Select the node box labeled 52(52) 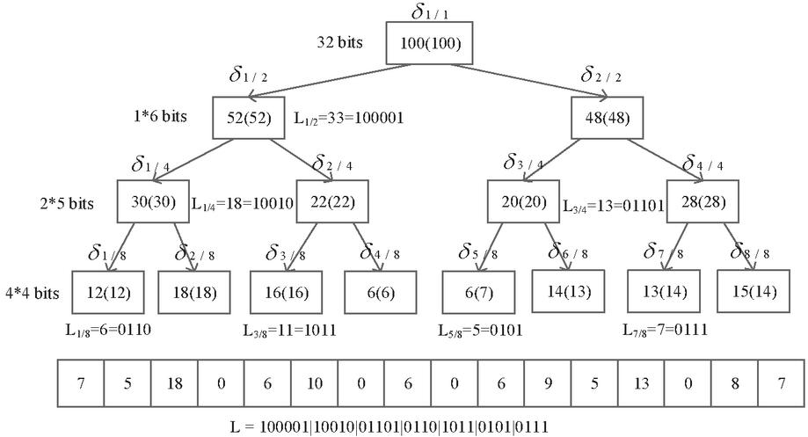pos(249,118)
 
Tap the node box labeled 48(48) pos(608,118)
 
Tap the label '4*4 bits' pos(33,292)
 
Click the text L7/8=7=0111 pos(664,331)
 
